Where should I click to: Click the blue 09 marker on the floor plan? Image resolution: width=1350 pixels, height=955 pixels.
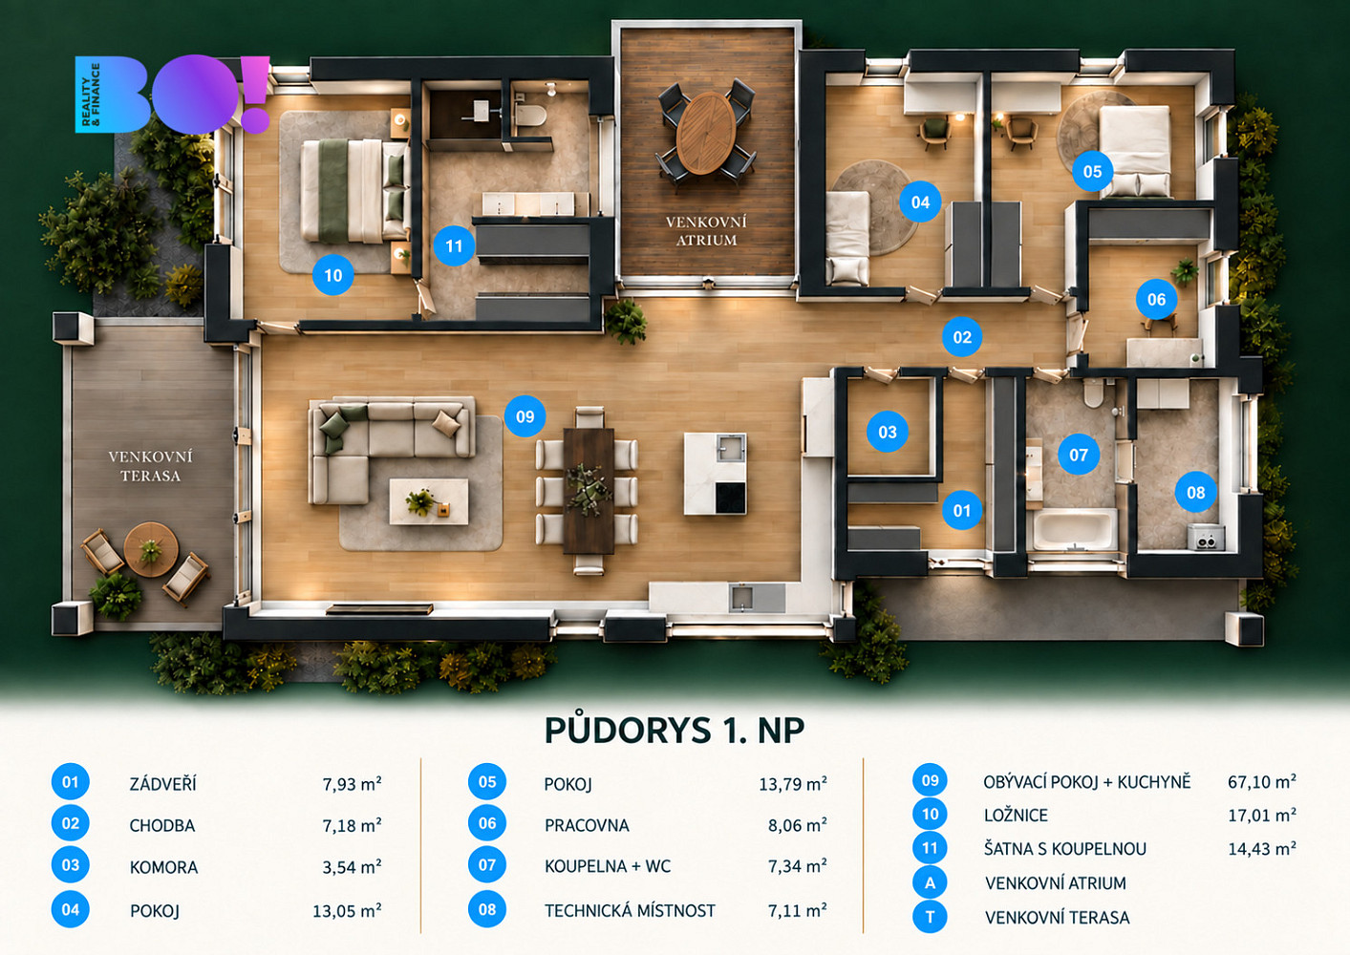[525, 416]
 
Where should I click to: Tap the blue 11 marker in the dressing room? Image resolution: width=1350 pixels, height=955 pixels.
[453, 245]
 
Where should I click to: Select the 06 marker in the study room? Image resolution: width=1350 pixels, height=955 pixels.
[1156, 300]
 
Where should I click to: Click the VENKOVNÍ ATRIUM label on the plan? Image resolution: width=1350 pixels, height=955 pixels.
[706, 231]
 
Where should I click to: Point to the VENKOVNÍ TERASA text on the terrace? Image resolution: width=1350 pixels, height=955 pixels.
[151, 466]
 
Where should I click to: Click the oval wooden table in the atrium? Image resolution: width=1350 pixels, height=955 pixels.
[706, 133]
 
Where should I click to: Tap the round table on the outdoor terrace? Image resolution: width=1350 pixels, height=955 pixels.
[151, 549]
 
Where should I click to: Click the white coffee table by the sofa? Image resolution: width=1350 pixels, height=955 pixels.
[429, 501]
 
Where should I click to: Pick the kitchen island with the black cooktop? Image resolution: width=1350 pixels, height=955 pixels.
[715, 474]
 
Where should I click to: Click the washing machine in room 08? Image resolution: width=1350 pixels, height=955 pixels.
[1206, 538]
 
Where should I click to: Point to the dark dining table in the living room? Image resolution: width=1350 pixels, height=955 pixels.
[589, 491]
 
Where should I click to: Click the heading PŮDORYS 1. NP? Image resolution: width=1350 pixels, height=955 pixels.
[675, 731]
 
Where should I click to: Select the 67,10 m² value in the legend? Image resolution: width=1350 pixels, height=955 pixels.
[1262, 782]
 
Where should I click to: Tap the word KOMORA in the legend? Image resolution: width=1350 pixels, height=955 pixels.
[164, 868]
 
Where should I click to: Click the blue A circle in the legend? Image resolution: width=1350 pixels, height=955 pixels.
[930, 883]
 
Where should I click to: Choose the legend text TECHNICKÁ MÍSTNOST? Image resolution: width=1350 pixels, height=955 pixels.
[630, 910]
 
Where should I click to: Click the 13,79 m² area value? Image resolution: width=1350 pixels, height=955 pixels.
[793, 784]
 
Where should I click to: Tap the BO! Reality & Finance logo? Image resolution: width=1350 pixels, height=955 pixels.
[172, 94]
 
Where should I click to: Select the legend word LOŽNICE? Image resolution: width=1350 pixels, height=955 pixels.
[1017, 816]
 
